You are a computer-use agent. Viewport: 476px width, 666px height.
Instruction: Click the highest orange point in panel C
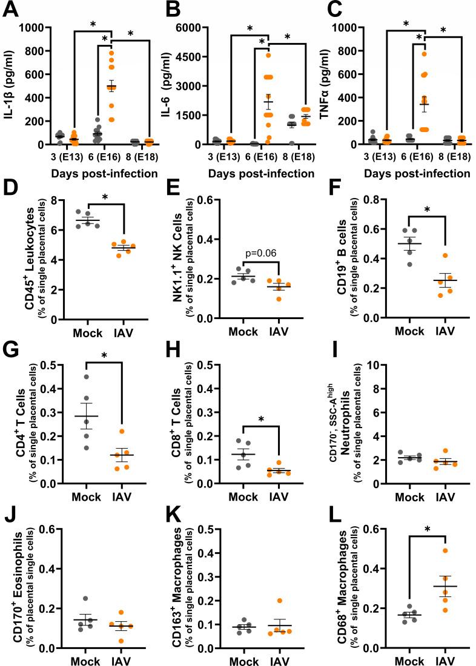[x=425, y=54]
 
